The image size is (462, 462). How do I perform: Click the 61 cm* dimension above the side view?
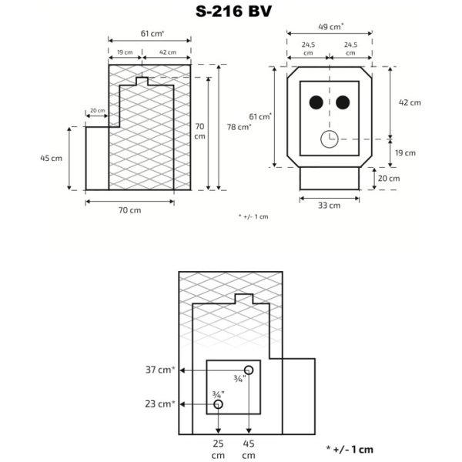pos(151,34)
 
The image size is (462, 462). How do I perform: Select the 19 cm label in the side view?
pos(123,52)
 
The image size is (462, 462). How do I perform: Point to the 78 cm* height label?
pos(243,127)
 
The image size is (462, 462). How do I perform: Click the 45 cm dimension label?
pos(51,158)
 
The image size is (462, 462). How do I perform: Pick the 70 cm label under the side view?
pos(129,210)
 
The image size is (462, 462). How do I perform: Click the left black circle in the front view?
pos(316,102)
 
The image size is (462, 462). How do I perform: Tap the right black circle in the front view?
pos(343,102)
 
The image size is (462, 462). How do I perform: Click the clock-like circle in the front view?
pos(329,139)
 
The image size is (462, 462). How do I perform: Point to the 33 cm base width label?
pos(329,205)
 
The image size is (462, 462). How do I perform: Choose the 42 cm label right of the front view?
pos(410,102)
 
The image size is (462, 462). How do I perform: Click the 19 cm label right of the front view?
pos(410,152)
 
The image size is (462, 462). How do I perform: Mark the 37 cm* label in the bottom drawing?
pos(159,370)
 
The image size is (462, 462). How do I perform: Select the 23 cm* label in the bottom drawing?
pos(159,403)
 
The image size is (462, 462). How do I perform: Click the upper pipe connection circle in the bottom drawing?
pos(249,369)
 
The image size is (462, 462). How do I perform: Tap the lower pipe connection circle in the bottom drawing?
pos(219,404)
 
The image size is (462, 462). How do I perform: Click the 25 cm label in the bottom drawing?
pos(219,449)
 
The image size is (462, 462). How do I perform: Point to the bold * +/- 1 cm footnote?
pos(350,448)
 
